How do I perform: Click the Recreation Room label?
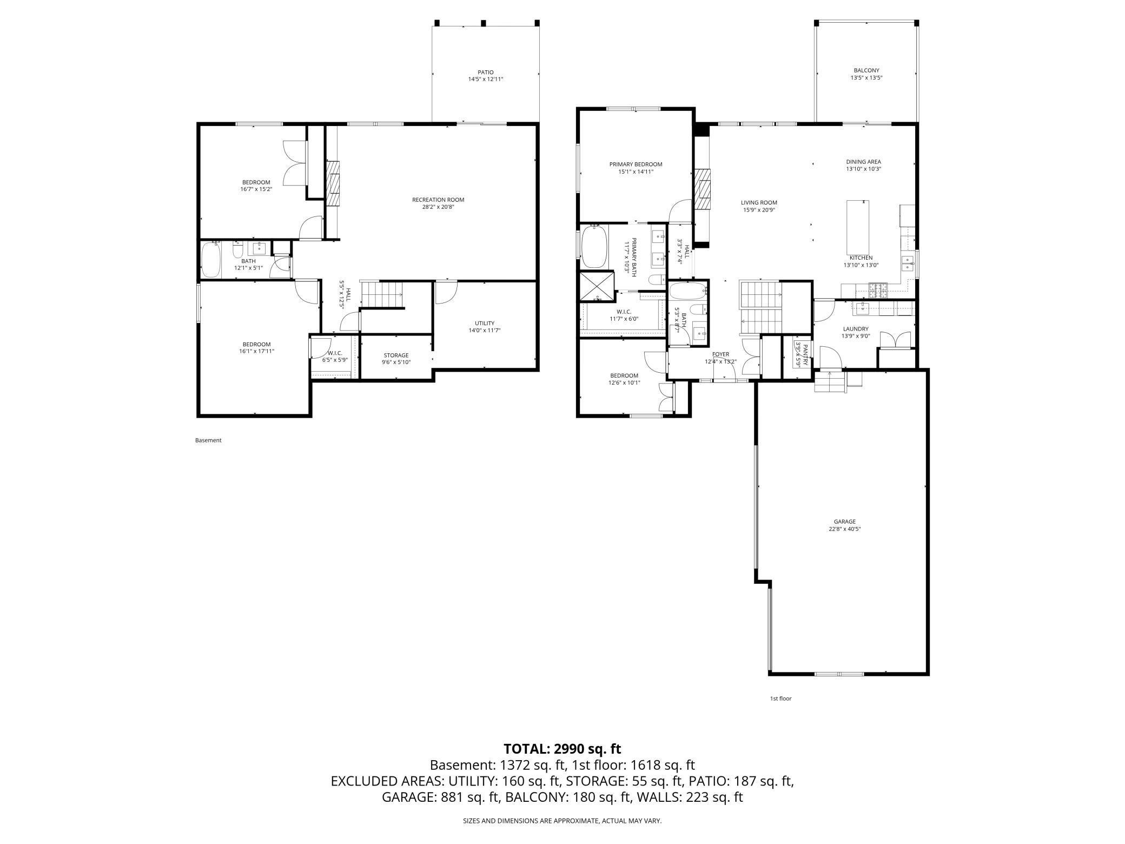coord(438,200)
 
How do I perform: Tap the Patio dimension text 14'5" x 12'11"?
coord(486,79)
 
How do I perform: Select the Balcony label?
coord(866,70)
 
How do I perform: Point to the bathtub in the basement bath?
coord(210,260)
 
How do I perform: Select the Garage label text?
coord(844,522)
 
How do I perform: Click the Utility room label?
coord(484,324)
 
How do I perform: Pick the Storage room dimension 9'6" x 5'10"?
coord(396,362)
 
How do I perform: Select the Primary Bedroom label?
coord(636,164)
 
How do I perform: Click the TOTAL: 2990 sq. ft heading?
coord(562,749)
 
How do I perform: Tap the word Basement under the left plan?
coord(208,440)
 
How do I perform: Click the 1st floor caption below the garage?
coord(780,698)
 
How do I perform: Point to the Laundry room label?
coord(855,329)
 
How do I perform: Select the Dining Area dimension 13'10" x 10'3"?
coord(864,169)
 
